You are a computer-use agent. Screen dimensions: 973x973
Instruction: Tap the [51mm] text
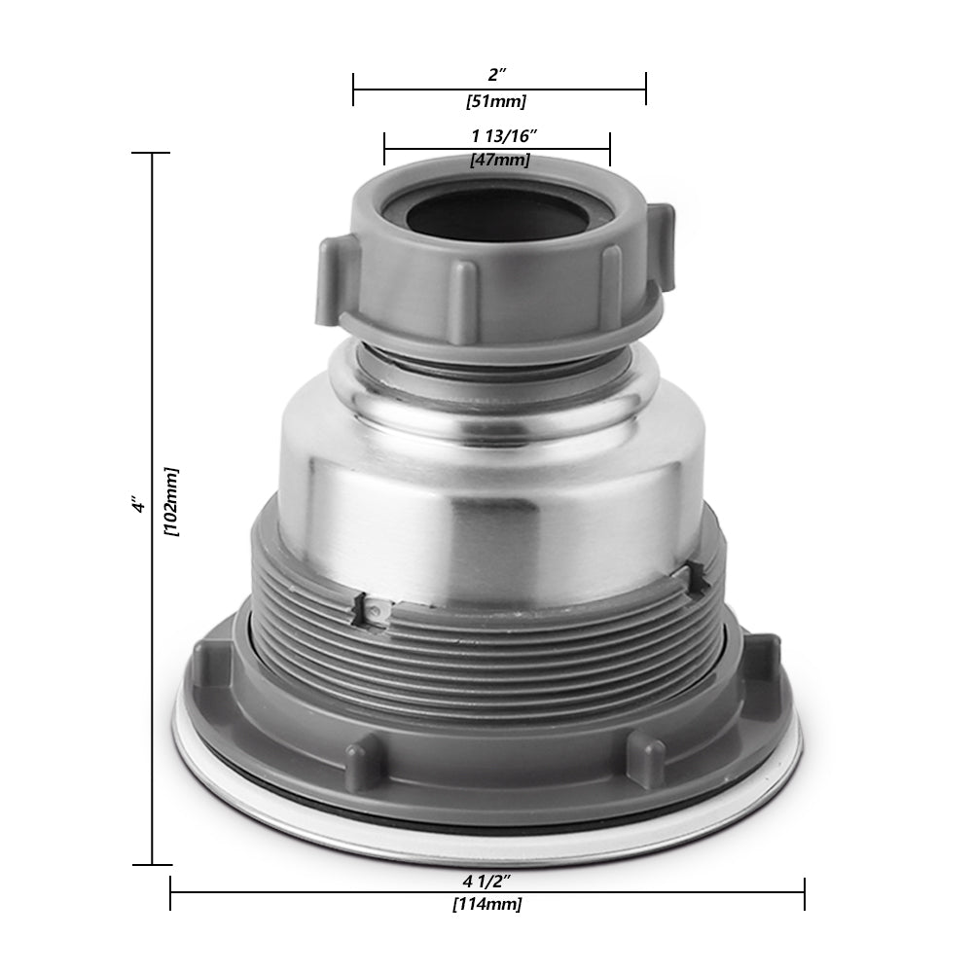497,101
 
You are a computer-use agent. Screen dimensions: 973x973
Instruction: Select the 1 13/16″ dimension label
497,136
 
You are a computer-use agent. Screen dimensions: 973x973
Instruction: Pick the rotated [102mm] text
172,500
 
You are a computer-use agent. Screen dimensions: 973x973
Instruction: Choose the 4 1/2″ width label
486,881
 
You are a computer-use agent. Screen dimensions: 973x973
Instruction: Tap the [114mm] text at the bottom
486,905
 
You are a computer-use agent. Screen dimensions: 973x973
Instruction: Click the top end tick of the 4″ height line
152,154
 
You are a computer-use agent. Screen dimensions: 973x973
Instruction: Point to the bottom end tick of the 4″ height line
152,864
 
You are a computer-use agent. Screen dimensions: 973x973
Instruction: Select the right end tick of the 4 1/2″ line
804,893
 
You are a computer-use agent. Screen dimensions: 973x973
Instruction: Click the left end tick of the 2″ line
353,90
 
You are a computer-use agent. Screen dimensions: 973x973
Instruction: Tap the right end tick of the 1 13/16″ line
609,149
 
